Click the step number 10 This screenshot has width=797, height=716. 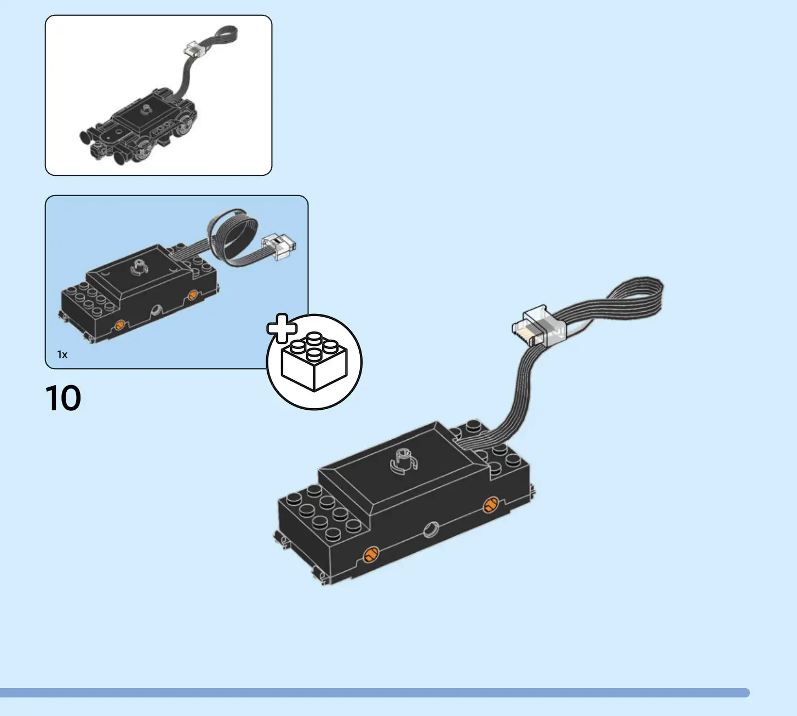click(x=63, y=398)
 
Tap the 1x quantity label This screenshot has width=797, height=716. click(x=62, y=354)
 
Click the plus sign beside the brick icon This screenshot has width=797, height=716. click(x=282, y=328)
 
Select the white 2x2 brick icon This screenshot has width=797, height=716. click(x=314, y=362)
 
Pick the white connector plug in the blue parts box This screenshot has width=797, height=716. click(x=279, y=245)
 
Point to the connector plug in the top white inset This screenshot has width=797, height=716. click(x=193, y=50)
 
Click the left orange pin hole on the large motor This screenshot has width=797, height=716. click(x=371, y=554)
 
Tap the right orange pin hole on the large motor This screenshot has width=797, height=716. click(x=490, y=505)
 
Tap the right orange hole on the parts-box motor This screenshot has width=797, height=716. click(x=192, y=296)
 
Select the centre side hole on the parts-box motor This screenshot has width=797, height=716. click(x=156, y=311)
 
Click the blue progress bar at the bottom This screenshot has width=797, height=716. click(x=375, y=692)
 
